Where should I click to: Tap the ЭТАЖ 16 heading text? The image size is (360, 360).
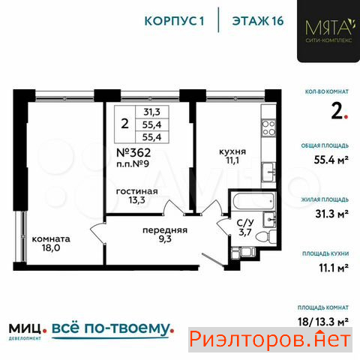(x=258, y=21)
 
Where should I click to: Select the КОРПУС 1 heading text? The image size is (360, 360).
(x=174, y=21)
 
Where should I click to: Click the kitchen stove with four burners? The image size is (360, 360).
(x=268, y=127)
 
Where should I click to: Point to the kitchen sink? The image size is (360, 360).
(x=268, y=172)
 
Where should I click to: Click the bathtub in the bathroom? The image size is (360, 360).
(x=253, y=201)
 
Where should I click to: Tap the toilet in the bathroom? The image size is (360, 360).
(x=265, y=236)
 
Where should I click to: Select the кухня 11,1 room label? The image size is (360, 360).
(x=232, y=156)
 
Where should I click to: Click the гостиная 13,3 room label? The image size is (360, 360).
(x=137, y=196)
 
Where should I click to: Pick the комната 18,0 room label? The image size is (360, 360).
(x=51, y=243)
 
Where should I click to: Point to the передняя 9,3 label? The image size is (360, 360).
(x=165, y=235)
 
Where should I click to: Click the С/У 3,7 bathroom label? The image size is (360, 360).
(x=245, y=227)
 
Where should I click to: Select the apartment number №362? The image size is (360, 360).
(x=133, y=152)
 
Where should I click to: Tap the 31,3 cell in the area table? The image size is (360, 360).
(x=151, y=112)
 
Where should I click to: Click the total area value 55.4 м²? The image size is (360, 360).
(x=331, y=160)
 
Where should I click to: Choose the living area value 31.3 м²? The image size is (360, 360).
(x=331, y=214)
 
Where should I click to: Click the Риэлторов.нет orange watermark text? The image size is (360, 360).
(x=270, y=339)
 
